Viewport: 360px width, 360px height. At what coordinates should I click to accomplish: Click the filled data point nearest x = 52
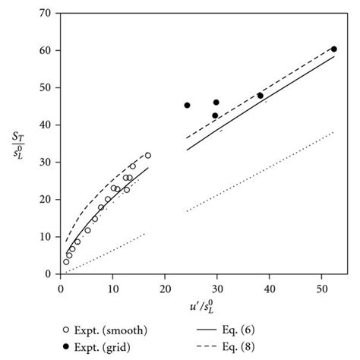(334, 49)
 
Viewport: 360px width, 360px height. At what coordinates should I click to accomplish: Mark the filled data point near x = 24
(188, 106)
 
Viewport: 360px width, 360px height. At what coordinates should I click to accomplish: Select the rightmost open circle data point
(148, 156)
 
